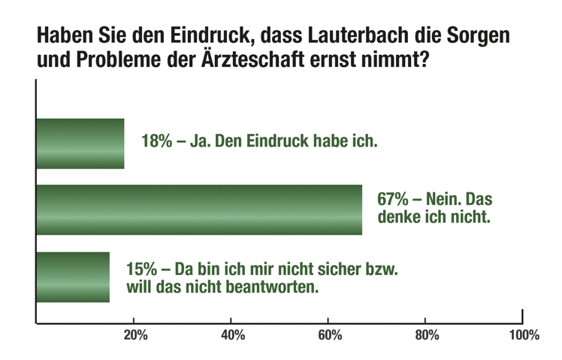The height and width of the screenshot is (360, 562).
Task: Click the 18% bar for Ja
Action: [80, 144]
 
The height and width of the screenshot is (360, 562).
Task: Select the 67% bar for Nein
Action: [199, 210]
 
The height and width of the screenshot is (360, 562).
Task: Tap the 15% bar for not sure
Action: [73, 277]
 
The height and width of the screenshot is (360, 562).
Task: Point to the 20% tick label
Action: [134, 335]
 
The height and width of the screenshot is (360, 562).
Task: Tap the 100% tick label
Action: [523, 335]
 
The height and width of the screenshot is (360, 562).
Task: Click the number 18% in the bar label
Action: [156, 141]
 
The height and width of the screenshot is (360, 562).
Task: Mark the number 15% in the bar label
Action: [141, 268]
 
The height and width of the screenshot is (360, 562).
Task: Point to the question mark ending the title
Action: [424, 59]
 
